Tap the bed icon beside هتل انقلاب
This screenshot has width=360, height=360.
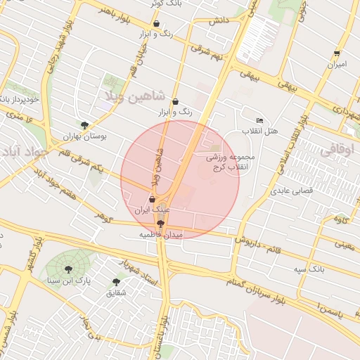coord(260,121)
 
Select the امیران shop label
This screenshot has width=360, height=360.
coord(336,64)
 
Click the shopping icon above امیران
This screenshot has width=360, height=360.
coord(337,53)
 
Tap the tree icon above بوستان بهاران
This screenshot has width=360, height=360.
coord(84,126)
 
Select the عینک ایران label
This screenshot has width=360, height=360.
coord(153,210)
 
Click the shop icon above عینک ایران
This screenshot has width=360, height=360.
coord(153,199)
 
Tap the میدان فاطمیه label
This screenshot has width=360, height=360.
coord(160,234)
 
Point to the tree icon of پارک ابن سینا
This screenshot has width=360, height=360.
coord(68,269)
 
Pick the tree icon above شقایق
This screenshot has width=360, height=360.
coord(116,282)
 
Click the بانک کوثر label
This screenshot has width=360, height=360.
coord(166,4)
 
